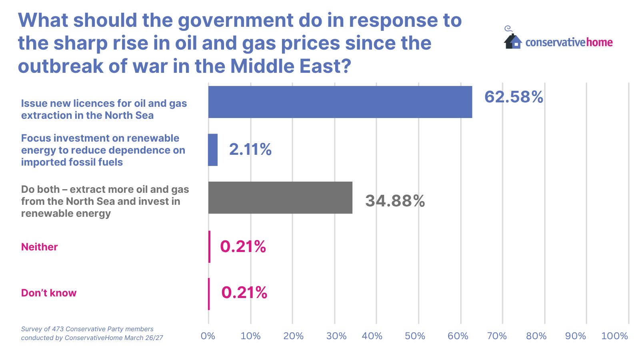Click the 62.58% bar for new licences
(340, 102)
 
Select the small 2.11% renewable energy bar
(213, 150)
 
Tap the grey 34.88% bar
(280, 198)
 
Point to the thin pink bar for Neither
(209, 246)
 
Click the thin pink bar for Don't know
(209, 294)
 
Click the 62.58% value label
(514, 97)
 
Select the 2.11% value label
(250, 150)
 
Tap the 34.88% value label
(395, 201)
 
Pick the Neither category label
(40, 247)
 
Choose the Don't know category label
(49, 293)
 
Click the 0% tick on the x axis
(208, 336)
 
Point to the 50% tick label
(415, 336)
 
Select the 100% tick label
(614, 336)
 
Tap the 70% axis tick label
(497, 336)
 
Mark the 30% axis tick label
(336, 336)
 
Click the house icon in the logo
(513, 41)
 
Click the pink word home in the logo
(599, 42)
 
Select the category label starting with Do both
(105, 201)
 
